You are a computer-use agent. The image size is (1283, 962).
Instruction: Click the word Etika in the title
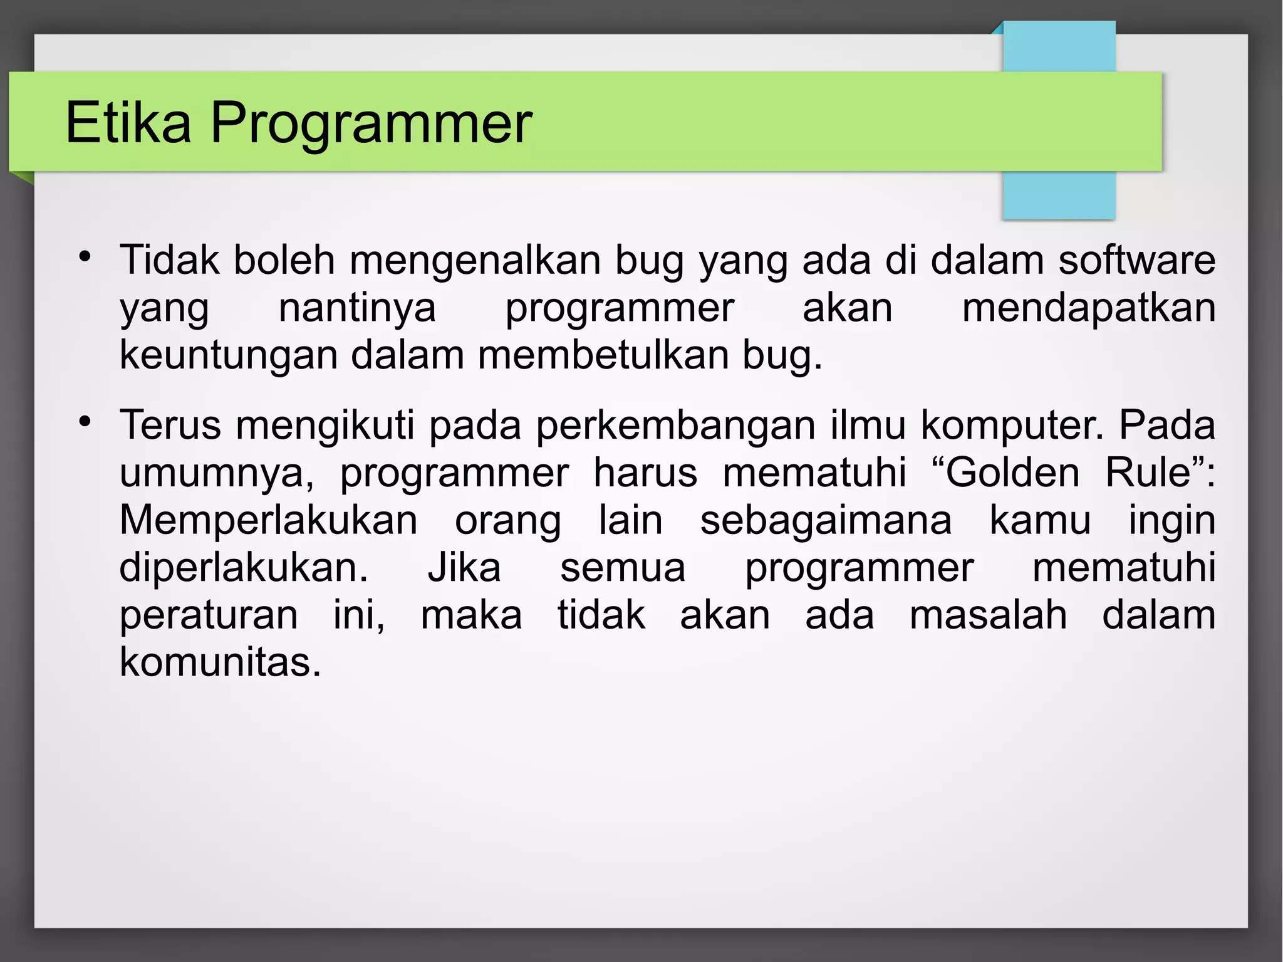128,123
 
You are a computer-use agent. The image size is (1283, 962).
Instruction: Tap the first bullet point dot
85,256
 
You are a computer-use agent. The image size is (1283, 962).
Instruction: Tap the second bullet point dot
85,421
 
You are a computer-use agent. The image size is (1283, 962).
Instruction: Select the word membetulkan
603,355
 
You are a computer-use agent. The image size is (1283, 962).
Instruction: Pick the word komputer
1010,426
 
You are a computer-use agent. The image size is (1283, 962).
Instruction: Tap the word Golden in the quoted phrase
1012,473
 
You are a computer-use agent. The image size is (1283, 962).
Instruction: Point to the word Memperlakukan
268,520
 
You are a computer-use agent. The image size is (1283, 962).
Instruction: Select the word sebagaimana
826,520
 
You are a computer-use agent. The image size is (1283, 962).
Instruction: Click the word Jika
464,568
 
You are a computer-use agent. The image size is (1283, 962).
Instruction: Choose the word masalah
988,615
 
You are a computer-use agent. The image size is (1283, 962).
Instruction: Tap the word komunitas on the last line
220,662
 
